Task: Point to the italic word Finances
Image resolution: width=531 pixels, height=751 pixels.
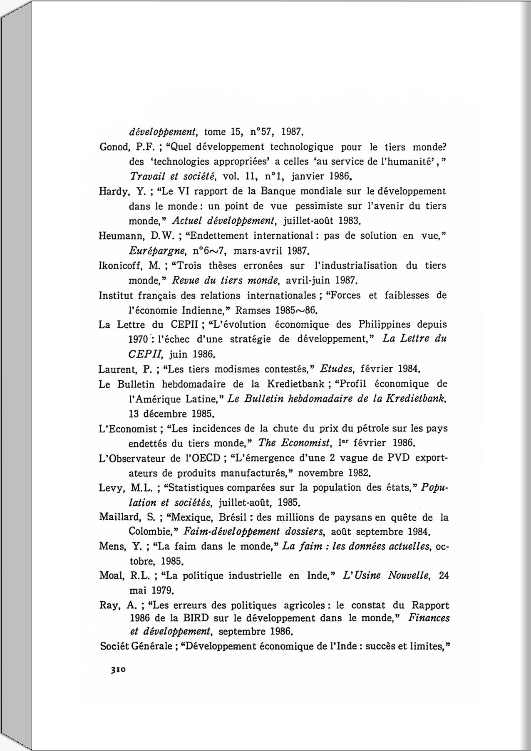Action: (x=429, y=618)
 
